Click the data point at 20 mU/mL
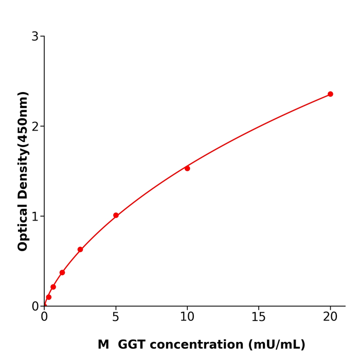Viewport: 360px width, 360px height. [x=330, y=94]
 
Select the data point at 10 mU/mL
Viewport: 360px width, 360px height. [x=187, y=168]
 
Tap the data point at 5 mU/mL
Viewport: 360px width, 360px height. [x=116, y=215]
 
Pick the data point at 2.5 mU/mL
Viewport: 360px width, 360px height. [x=80, y=249]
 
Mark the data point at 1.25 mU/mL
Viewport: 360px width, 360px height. [x=62, y=273]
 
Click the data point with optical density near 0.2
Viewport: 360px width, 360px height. [x=53, y=287]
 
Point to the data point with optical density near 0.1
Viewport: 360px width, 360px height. [x=49, y=297]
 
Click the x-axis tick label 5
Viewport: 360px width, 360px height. [x=116, y=317]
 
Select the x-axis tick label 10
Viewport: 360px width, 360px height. [x=187, y=317]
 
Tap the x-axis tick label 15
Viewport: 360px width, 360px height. [x=259, y=317]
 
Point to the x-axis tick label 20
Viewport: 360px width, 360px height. [x=330, y=317]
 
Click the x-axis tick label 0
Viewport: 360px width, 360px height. [x=44, y=317]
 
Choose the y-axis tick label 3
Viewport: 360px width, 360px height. [x=35, y=37]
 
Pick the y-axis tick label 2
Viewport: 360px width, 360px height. [x=35, y=127]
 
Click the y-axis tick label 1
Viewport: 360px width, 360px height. [x=35, y=217]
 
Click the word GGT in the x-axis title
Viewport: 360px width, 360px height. [x=132, y=345]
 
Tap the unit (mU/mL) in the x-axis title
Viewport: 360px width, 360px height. [x=277, y=345]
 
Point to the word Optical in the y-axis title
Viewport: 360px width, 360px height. [x=23, y=227]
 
